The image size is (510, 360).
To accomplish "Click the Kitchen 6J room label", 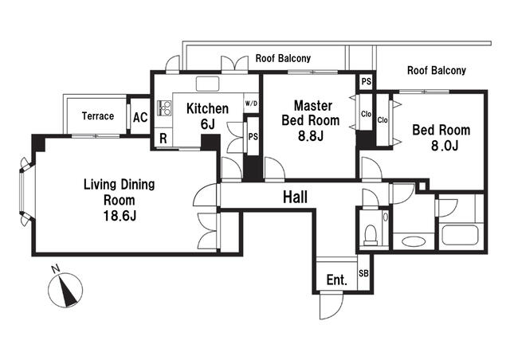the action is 207,115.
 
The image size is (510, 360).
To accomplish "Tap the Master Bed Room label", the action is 311,113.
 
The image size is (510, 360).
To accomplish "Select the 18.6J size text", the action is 120,216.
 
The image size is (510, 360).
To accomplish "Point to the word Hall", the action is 295,197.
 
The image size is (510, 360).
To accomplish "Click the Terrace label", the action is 98,116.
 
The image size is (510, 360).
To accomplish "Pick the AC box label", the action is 140,117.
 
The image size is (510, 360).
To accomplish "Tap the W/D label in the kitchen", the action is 251,104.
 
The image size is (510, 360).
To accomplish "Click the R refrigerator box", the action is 163,139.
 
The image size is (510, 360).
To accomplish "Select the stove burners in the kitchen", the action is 164,108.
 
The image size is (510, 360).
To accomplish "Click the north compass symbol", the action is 65,288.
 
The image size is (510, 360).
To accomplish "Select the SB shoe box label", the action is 363,273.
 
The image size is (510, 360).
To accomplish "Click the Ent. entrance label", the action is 336,280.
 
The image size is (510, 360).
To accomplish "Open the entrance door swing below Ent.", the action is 331,305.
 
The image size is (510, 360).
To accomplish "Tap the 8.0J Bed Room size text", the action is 445,146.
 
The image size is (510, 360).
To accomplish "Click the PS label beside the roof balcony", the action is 367,81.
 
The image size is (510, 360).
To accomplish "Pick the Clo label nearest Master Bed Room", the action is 366,114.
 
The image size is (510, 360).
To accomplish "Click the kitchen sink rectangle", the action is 208,84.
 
